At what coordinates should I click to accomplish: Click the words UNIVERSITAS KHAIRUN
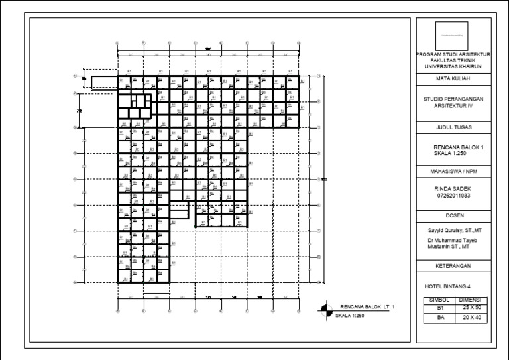pyautogui.click(x=453, y=66)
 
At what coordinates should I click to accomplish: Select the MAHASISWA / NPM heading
pyautogui.click(x=453, y=171)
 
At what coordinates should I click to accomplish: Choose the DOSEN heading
pyautogui.click(x=453, y=216)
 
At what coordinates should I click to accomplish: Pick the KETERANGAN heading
pyautogui.click(x=453, y=265)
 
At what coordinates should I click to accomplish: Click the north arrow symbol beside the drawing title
pyautogui.click(x=325, y=308)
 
